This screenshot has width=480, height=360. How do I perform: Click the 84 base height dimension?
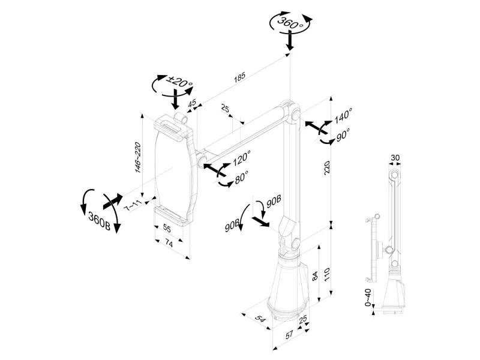(x=316, y=278)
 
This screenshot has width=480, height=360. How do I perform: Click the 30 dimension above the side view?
(x=395, y=158)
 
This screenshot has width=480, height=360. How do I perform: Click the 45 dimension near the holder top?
(x=192, y=104)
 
